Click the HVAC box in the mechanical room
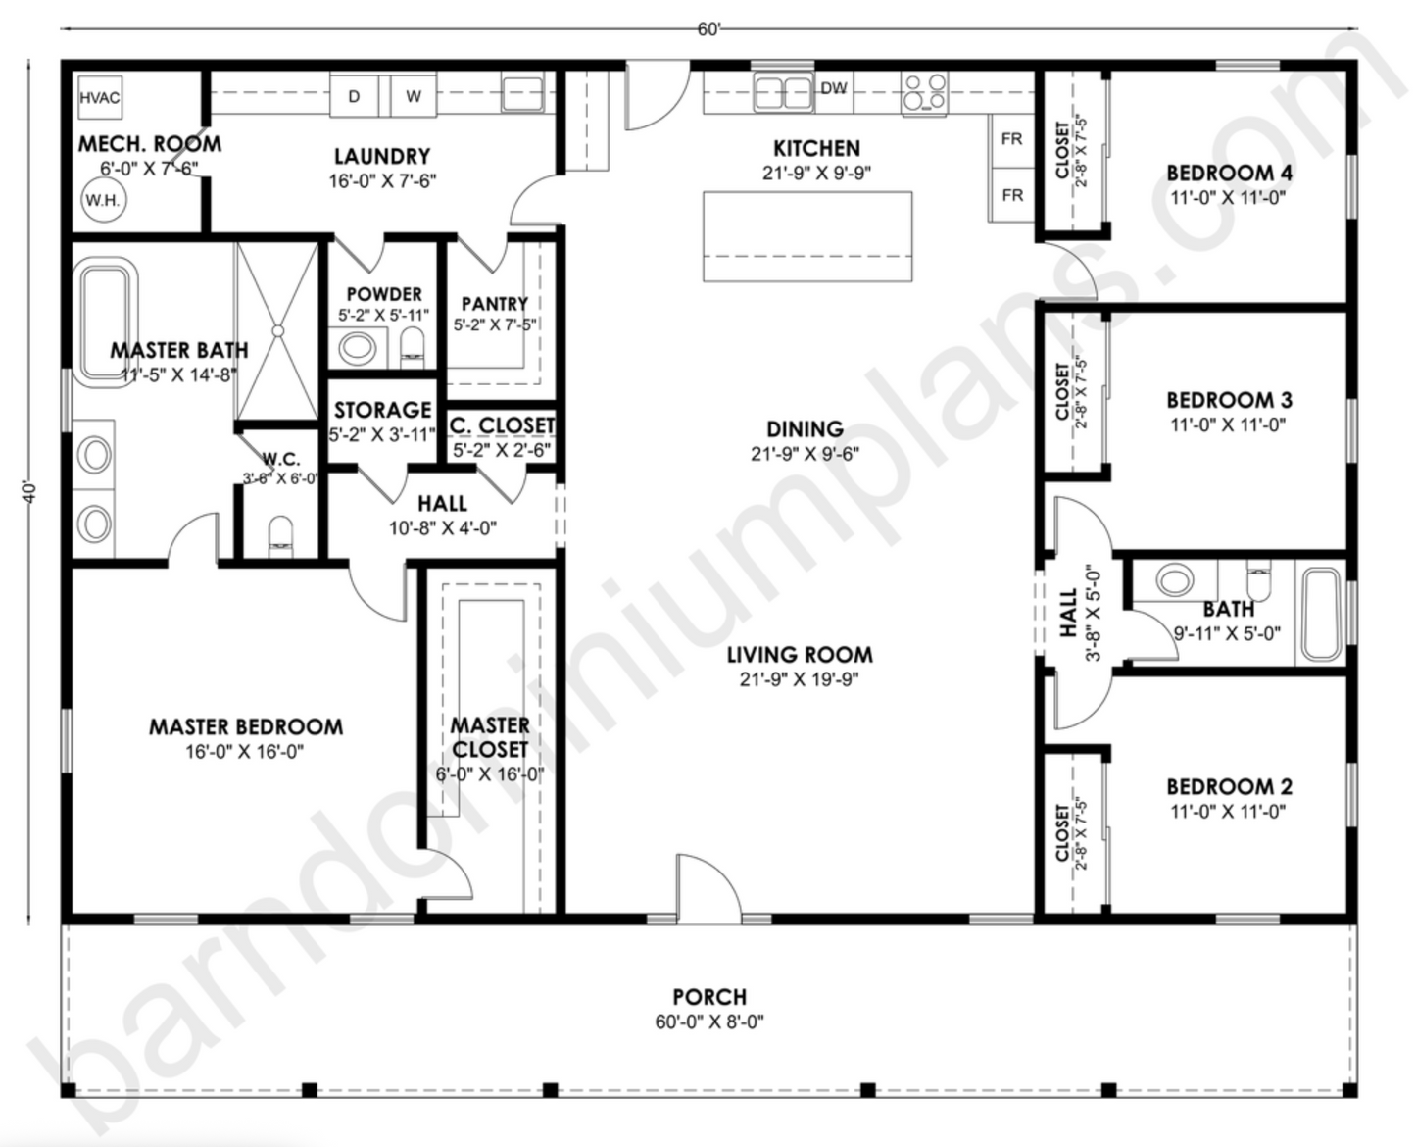tap(100, 98)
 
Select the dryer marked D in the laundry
tap(354, 96)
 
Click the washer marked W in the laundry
tap(414, 96)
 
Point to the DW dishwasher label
tap(834, 89)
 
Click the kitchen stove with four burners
tap(924, 93)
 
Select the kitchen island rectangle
tap(807, 236)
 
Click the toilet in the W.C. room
tap(280, 536)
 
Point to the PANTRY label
tap(495, 304)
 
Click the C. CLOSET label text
tap(503, 425)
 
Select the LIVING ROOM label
tap(800, 655)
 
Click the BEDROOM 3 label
tap(1229, 400)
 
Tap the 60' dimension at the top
tap(709, 29)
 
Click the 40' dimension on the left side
tap(30, 490)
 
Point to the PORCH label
tap(709, 997)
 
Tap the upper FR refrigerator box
tap(1012, 140)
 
